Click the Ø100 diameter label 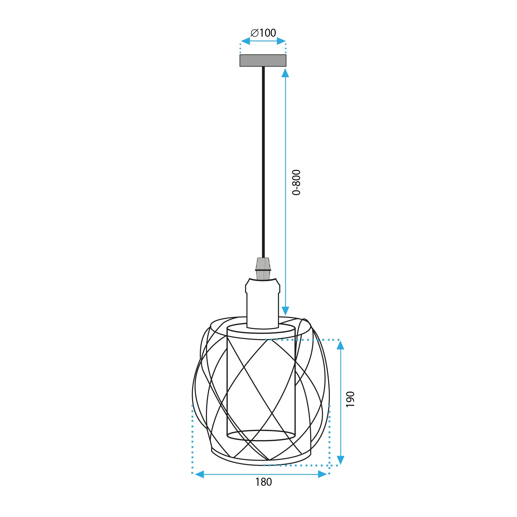point(263,33)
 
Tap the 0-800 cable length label point(296,182)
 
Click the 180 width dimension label point(264,490)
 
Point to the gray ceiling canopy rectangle point(263,60)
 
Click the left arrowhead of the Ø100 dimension point(245,41)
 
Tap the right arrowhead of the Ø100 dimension point(281,41)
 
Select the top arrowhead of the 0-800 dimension point(285,73)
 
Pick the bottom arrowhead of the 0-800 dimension point(285,311)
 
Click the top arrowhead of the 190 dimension point(340,345)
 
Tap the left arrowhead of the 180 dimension point(199,474)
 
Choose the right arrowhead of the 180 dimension point(322,474)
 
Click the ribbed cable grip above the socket point(263,268)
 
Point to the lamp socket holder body point(263,302)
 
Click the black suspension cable point(263,161)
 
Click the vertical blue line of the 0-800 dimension point(285,193)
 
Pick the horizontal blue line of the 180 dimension point(261,474)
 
